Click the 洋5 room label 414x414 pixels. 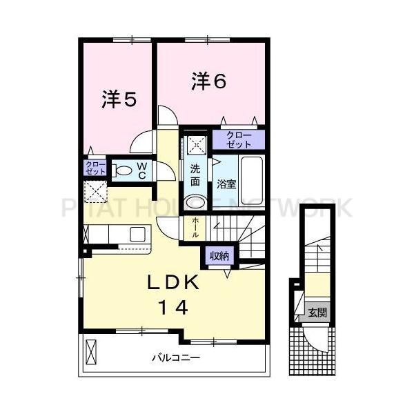(119, 99)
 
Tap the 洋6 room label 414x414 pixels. (209, 81)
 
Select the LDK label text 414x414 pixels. (174, 282)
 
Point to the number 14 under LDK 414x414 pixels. (174, 308)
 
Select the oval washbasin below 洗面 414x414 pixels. (195, 202)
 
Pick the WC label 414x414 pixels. (142, 170)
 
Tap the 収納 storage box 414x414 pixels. (219, 256)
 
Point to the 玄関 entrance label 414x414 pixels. (318, 313)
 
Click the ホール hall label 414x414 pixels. (196, 226)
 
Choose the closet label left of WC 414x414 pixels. (94, 168)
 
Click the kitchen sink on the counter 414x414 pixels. (137, 233)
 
